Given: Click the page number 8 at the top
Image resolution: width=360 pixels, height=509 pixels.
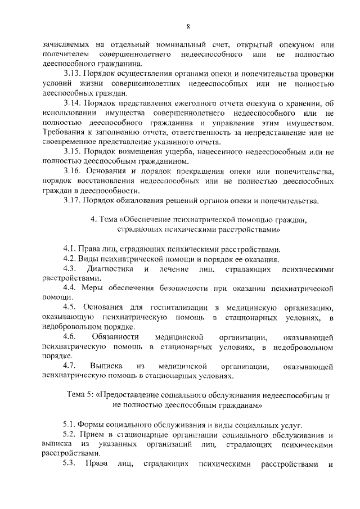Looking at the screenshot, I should point(188,26).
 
